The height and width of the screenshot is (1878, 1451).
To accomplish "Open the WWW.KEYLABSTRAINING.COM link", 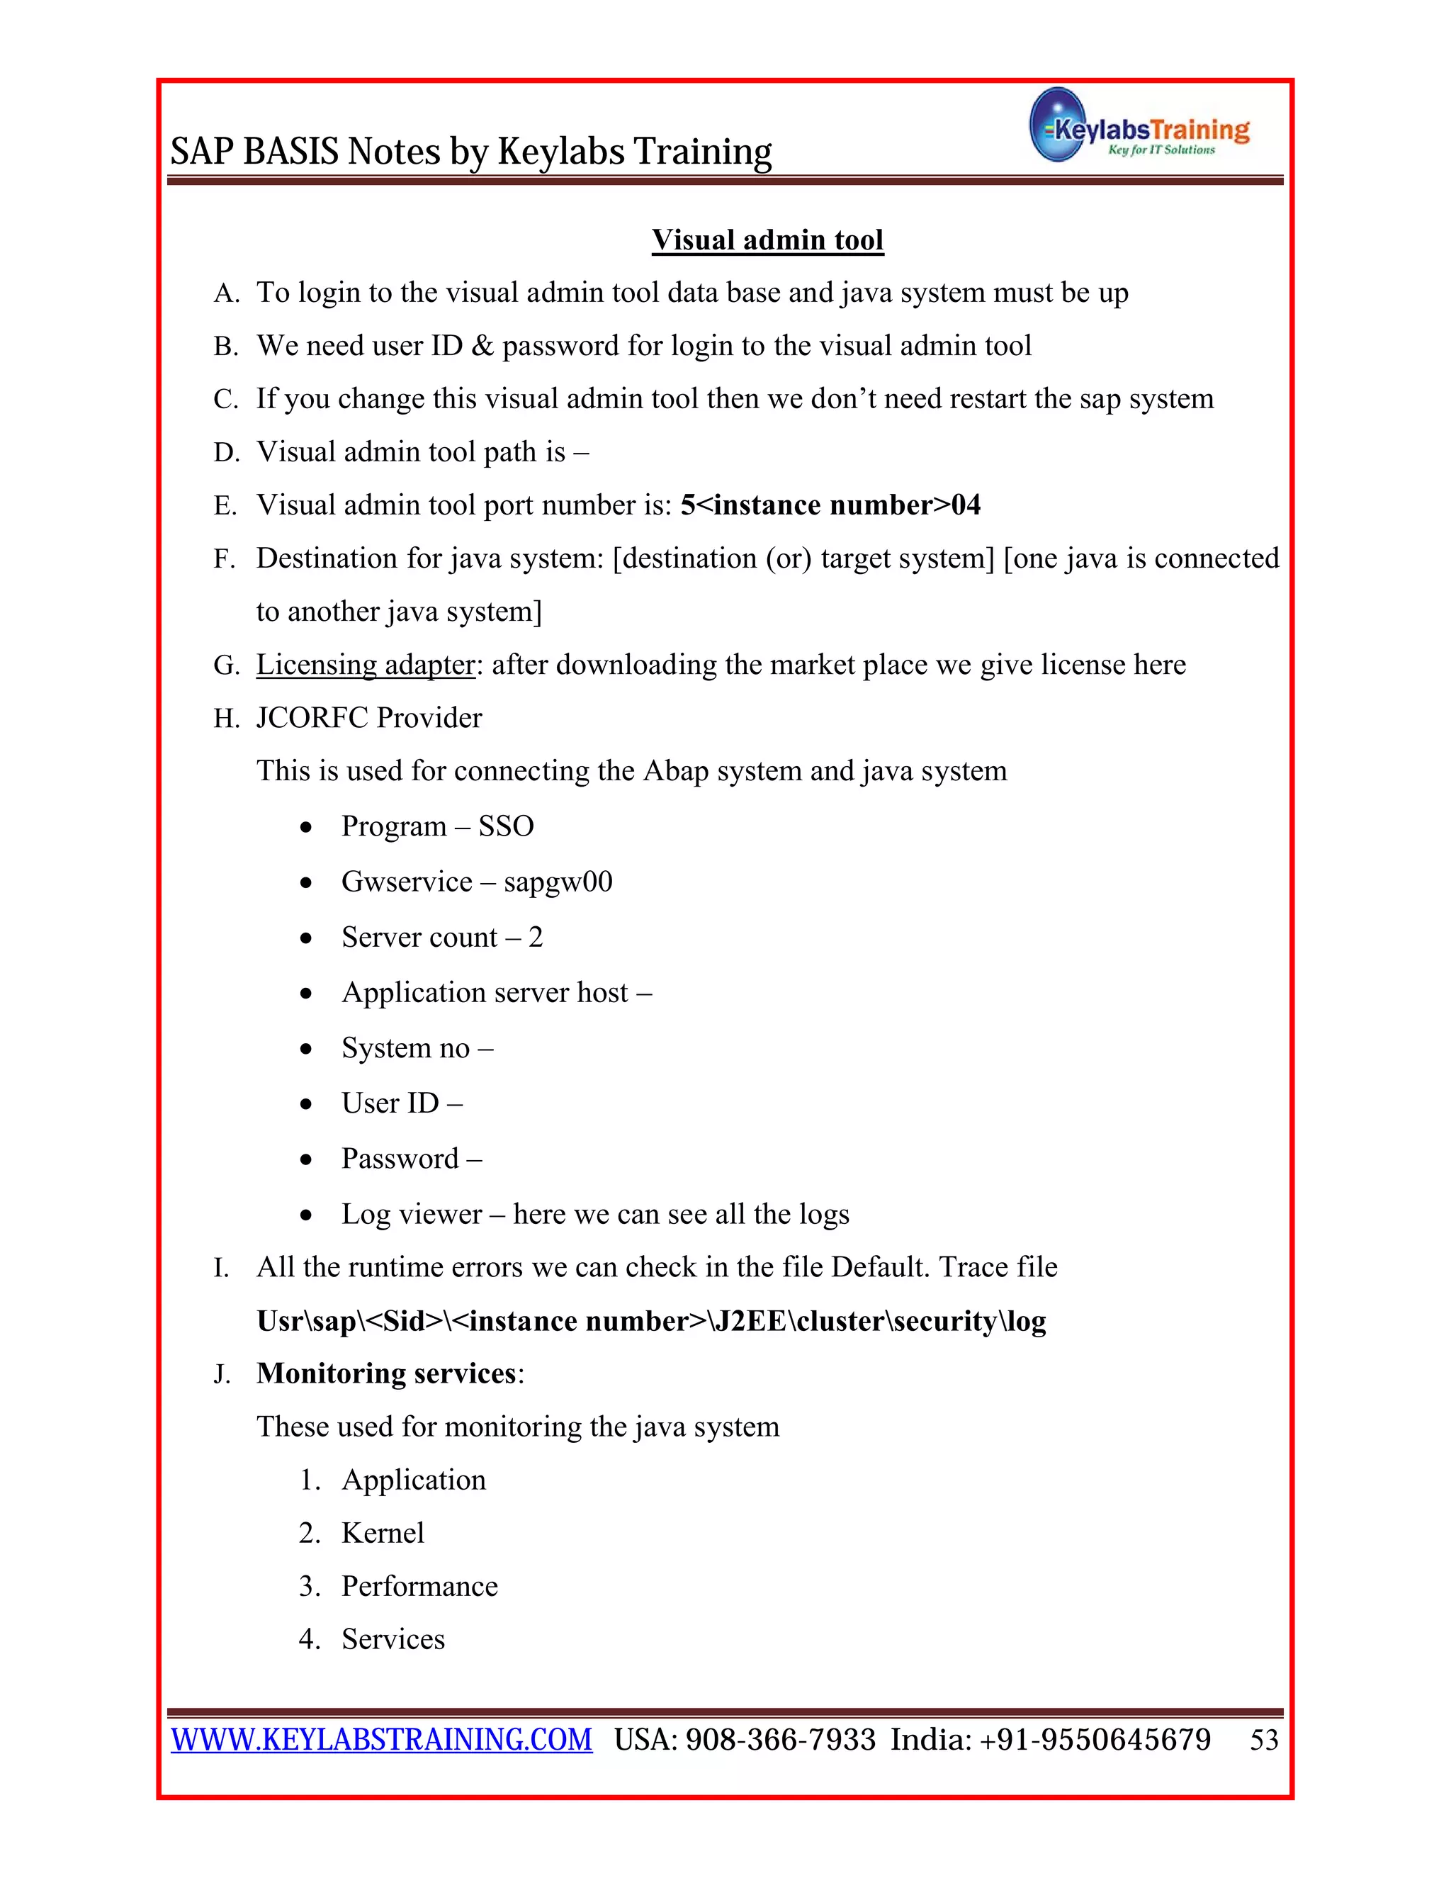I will click(x=382, y=1740).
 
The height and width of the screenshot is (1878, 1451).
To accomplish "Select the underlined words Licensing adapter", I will click(x=366, y=665).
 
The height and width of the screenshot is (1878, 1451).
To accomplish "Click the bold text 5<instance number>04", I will click(x=830, y=505).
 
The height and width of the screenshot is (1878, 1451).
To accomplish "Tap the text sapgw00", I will click(x=558, y=882).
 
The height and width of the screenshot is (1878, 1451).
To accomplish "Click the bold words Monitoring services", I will click(x=386, y=1373).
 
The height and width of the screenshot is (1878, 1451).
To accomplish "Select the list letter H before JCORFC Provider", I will click(x=225, y=718).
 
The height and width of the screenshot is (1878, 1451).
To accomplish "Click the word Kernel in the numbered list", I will click(x=383, y=1533).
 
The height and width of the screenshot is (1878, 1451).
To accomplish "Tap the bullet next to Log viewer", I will click(x=306, y=1215).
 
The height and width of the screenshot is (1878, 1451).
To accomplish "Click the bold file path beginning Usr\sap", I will click(x=650, y=1321).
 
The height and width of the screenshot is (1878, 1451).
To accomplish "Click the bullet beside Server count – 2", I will click(x=306, y=938).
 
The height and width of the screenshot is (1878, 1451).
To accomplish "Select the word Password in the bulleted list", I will click(x=400, y=1159).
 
